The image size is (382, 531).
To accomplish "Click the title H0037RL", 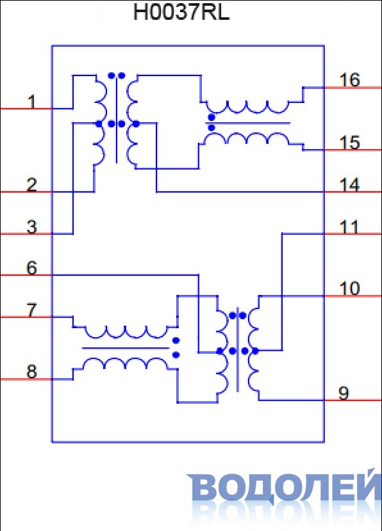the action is [181, 12].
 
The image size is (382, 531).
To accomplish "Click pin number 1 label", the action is [31, 102].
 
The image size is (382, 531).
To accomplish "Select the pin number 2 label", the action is [31, 185].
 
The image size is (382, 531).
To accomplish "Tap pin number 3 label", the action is [31, 226].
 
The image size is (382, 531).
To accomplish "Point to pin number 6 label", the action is [31, 268].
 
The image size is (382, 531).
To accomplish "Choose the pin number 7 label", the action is [31, 310].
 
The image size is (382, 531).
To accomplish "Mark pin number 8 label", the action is [31, 372].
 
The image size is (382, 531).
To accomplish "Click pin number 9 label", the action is [344, 393].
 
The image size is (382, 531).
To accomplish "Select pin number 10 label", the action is [349, 289].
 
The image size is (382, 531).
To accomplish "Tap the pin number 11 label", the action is [349, 226].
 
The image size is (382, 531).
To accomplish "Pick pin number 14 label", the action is [349, 185].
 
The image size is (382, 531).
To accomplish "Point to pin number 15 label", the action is [349, 143].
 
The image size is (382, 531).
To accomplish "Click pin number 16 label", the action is [349, 81].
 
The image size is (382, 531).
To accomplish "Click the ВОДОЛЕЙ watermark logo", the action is [285, 487].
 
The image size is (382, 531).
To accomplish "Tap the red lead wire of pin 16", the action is [353, 88].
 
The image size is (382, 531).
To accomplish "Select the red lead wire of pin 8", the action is [26, 379].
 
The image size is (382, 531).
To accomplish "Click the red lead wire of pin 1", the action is [26, 109].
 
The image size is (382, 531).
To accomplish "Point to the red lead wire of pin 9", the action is [353, 400].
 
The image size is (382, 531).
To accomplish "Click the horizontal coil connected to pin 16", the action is [247, 107].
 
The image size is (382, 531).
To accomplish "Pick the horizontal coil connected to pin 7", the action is [126, 333].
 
